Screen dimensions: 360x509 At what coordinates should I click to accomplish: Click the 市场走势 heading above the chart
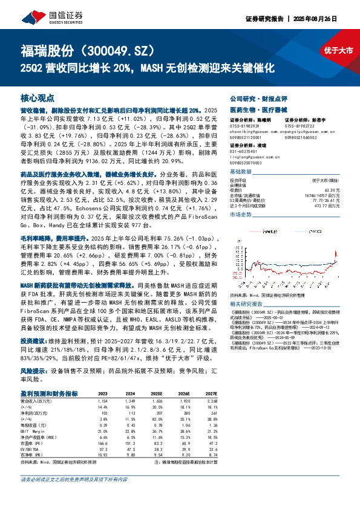tap(241, 214)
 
